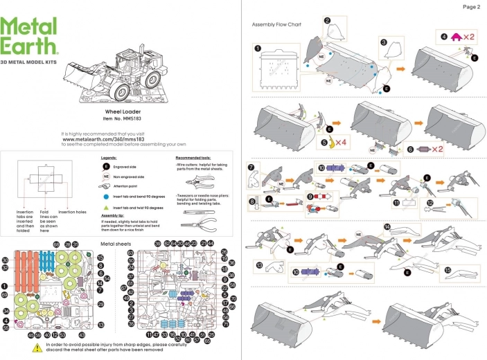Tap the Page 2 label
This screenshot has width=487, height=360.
point(470,6)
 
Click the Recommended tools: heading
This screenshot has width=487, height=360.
point(194,158)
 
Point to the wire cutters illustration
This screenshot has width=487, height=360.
point(201,181)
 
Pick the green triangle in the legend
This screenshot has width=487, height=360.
point(106,207)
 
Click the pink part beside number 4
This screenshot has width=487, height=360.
point(457,35)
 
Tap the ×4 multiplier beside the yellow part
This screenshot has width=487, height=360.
point(343,142)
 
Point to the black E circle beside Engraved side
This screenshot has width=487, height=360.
point(106,167)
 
